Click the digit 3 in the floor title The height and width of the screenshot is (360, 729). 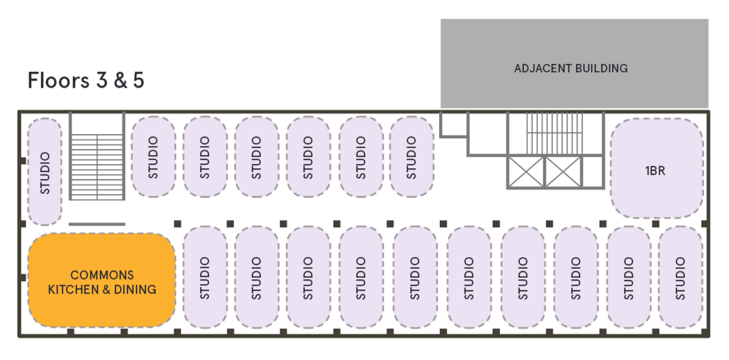(x=102, y=81)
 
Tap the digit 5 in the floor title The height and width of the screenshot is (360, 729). (x=138, y=81)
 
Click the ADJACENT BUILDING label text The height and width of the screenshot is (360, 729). (x=571, y=68)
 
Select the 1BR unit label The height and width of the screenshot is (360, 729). (x=655, y=171)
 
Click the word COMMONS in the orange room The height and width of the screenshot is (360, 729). (x=102, y=275)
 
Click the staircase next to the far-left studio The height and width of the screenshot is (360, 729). (x=97, y=157)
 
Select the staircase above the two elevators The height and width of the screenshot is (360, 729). (x=543, y=132)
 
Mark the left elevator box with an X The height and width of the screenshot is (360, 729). (x=526, y=171)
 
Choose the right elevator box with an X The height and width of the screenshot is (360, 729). (x=562, y=171)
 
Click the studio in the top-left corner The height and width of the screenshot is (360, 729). (x=45, y=172)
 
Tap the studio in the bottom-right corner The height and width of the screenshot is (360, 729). (x=680, y=278)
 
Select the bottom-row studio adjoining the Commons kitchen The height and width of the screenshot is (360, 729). (x=205, y=278)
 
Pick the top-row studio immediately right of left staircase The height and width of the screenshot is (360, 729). (x=153, y=157)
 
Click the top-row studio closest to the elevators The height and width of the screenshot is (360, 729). (x=412, y=157)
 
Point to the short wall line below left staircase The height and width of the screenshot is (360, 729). (x=97, y=224)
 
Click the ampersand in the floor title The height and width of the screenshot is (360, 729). (x=119, y=81)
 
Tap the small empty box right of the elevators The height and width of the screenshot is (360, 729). (x=592, y=171)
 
